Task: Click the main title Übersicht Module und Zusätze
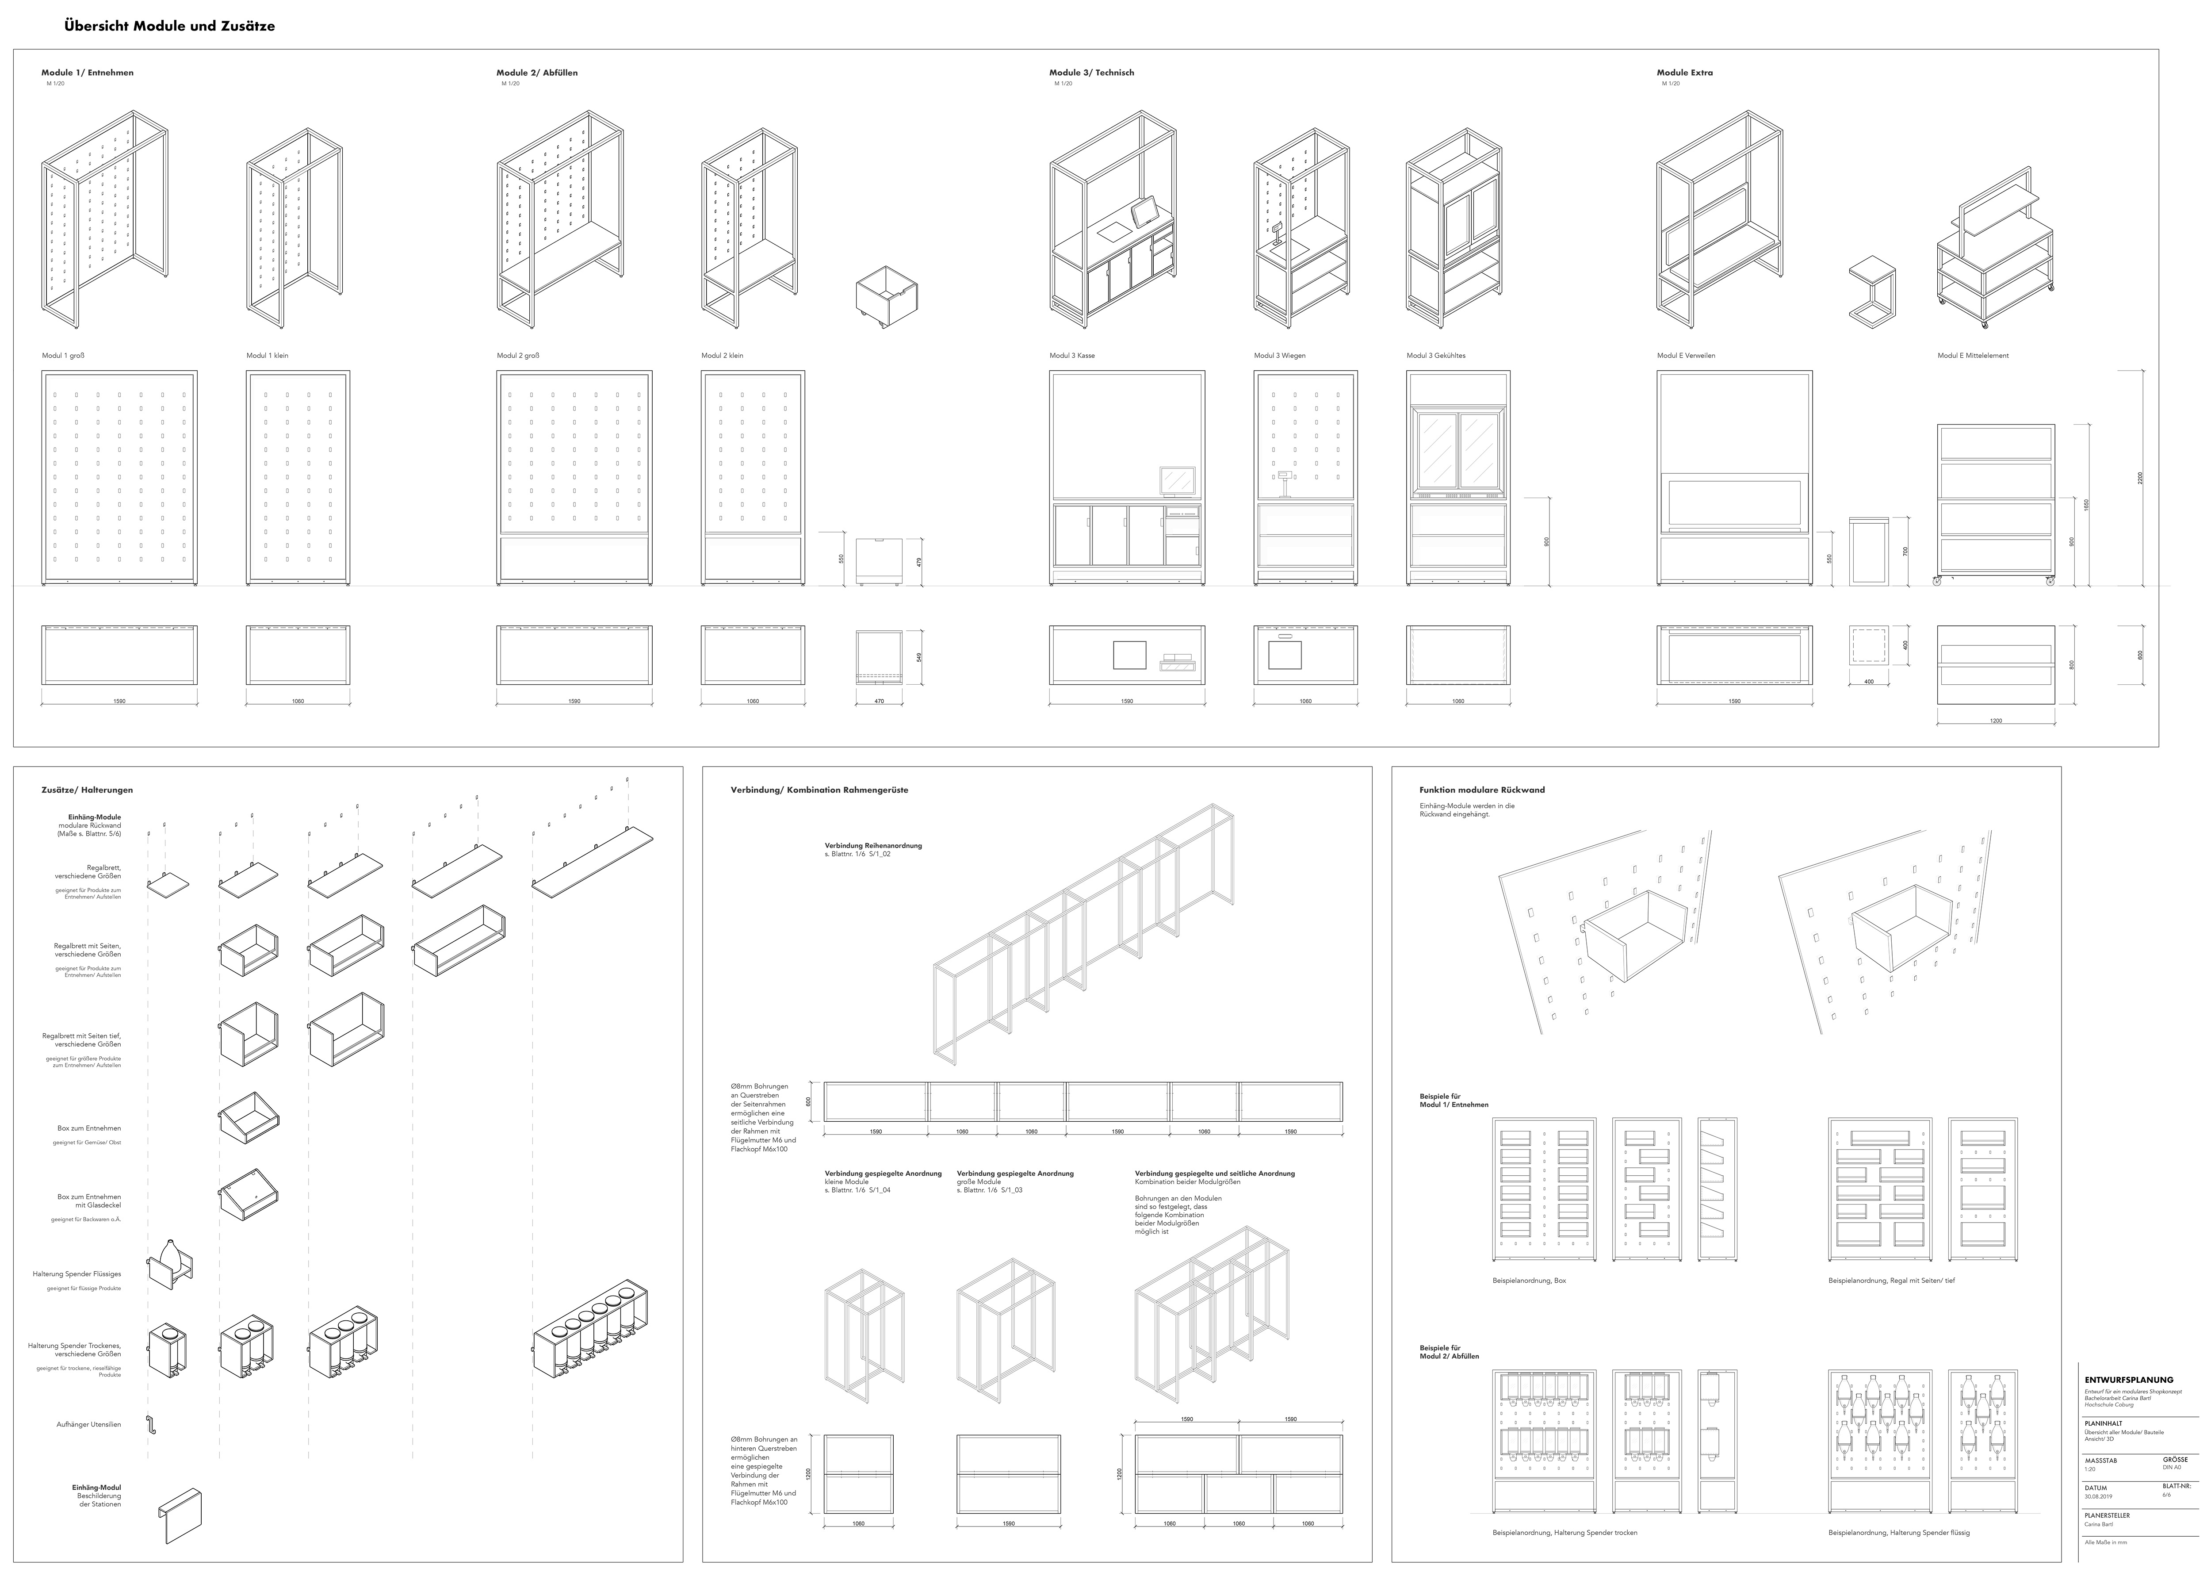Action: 169,26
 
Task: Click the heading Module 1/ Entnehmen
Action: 88,73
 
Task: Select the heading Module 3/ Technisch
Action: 1091,73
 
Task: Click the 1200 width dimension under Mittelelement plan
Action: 1996,721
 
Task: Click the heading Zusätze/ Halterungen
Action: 88,790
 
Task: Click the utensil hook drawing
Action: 151,1425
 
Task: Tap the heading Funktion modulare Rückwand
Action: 1481,790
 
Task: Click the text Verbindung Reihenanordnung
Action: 872,845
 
